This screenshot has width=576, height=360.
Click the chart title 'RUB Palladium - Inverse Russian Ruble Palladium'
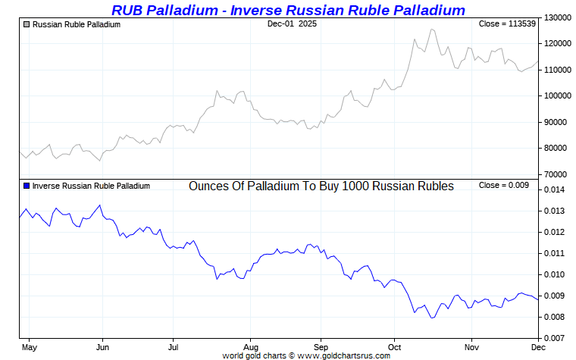288,10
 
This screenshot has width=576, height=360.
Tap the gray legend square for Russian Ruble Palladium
27,24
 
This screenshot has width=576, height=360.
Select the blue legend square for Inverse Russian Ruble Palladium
27,186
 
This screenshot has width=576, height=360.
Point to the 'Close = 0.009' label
508,186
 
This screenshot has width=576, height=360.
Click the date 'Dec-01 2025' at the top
292,24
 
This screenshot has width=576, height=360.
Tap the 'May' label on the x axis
29,347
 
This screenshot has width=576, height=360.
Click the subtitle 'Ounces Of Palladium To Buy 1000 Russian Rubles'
321,186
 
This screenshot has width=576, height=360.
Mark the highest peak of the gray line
432,29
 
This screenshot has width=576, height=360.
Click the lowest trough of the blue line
432,318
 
